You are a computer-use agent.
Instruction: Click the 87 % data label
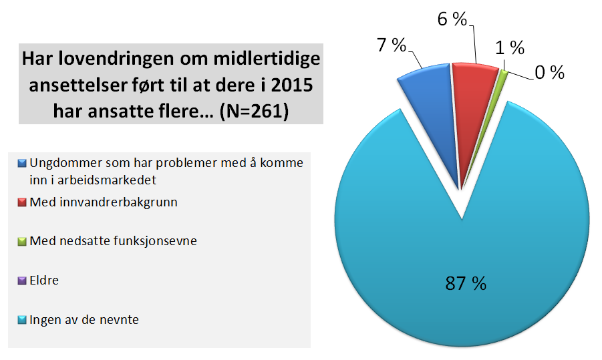[466, 283]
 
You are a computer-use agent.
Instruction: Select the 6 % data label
[452, 19]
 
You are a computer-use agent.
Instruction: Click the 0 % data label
[549, 72]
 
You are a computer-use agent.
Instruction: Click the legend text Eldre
[44, 281]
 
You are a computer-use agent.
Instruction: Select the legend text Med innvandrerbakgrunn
[104, 202]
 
